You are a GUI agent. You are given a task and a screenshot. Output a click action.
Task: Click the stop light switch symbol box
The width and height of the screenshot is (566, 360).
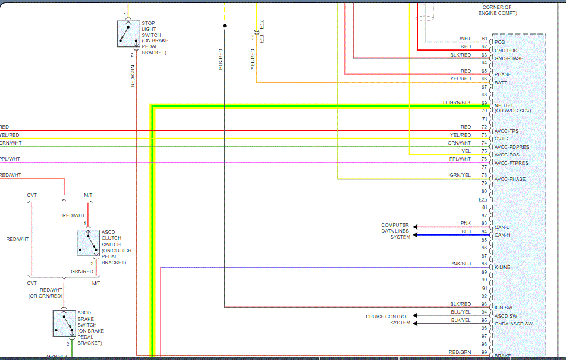click(128, 34)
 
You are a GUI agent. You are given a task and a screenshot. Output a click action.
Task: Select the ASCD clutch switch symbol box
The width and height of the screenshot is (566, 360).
click(87, 243)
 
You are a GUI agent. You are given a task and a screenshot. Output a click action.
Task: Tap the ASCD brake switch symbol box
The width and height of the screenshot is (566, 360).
click(64, 323)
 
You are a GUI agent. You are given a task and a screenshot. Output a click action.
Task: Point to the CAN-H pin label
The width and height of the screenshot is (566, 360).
click(502, 235)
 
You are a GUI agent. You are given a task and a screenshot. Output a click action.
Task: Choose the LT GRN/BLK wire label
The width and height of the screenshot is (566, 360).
click(457, 102)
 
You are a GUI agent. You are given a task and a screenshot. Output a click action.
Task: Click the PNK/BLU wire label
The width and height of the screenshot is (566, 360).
click(460, 263)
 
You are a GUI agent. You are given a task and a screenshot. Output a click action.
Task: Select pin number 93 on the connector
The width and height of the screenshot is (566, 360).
click(485, 304)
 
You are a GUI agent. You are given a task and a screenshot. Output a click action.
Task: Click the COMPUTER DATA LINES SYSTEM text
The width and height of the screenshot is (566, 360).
click(395, 231)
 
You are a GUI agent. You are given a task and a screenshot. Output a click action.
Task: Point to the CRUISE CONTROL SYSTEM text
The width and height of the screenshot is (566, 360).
click(387, 320)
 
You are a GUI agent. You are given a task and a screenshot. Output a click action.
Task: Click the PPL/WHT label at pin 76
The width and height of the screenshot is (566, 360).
click(460, 159)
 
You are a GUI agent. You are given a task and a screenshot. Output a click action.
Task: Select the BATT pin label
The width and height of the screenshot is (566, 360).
click(501, 83)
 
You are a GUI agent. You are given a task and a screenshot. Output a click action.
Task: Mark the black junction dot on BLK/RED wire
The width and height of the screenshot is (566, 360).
click(224, 26)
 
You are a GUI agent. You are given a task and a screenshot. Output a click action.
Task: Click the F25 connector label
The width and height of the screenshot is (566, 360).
click(483, 199)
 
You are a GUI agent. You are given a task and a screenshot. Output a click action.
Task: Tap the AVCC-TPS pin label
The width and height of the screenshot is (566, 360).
click(507, 131)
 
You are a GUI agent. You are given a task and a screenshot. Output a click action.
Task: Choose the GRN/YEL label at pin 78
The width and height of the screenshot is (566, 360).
click(460, 175)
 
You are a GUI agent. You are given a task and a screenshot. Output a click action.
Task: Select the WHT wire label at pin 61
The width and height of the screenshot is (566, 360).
click(465, 39)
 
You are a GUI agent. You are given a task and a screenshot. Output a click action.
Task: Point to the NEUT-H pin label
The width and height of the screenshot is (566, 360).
click(504, 105)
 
